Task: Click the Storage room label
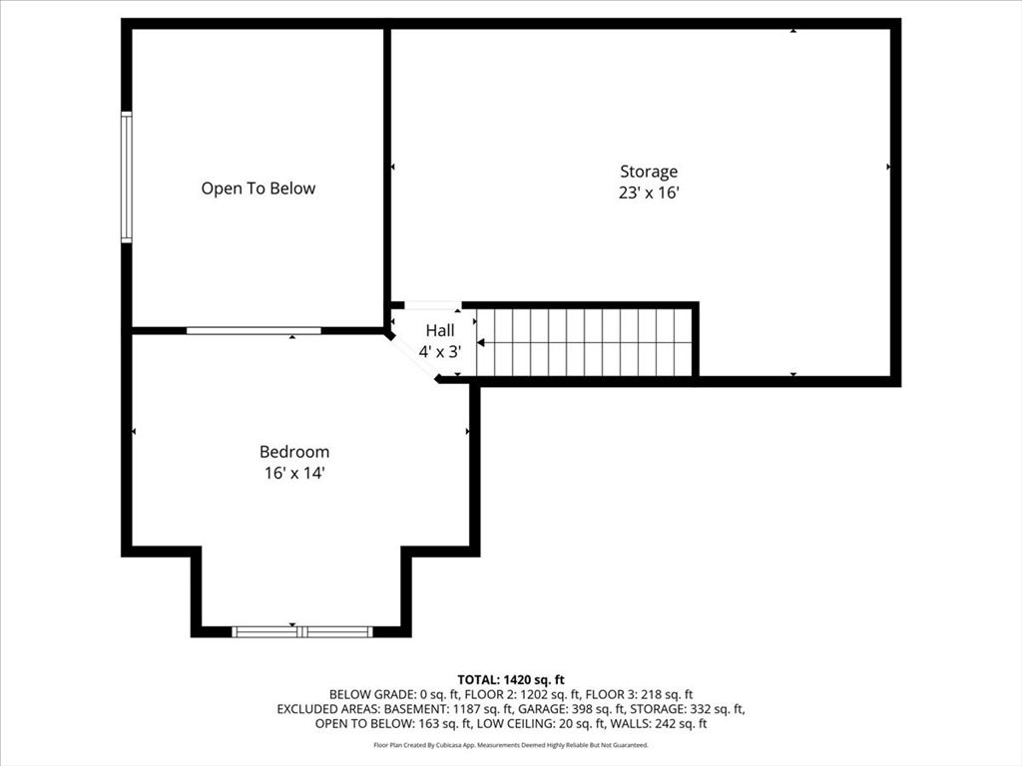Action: (649, 172)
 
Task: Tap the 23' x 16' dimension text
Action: (649, 193)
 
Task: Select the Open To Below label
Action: (258, 189)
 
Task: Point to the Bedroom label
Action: (294, 452)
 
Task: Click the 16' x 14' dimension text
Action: (294, 475)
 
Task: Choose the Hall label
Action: (440, 330)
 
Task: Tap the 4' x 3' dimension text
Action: (440, 351)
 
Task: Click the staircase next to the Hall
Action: (584, 342)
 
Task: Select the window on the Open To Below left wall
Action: (127, 178)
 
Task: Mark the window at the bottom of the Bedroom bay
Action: (301, 631)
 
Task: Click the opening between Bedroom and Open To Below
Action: (254, 330)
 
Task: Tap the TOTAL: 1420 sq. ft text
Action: (511, 679)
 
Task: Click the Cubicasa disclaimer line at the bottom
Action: (511, 745)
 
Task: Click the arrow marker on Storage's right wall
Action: (888, 168)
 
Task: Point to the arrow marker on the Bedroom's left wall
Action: (135, 432)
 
